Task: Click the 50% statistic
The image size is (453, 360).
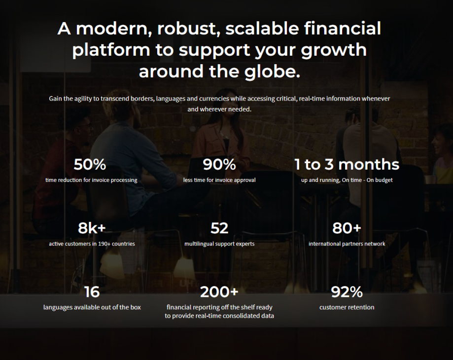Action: (90, 164)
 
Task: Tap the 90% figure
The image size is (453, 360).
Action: (219, 164)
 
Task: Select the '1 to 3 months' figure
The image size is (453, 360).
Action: (347, 164)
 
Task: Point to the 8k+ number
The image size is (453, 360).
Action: (92, 228)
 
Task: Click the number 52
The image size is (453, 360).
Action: (219, 228)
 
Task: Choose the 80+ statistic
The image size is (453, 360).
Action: (347, 228)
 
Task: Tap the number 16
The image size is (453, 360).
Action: (92, 292)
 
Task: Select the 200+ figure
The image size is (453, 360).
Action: (219, 292)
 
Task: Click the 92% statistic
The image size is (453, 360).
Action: (347, 292)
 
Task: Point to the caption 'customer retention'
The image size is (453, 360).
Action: (347, 307)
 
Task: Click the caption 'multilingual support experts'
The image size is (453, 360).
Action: (219, 244)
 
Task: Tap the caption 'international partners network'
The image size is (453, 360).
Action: (347, 244)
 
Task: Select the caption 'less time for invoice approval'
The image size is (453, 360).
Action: (219, 180)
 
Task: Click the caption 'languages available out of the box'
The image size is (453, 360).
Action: (92, 307)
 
